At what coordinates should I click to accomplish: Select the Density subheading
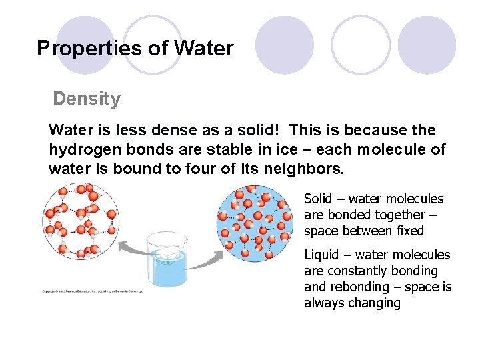[87, 99]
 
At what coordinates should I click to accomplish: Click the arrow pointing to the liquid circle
[213, 257]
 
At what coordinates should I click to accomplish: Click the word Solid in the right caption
[317, 199]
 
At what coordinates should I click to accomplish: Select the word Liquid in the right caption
[321, 255]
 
